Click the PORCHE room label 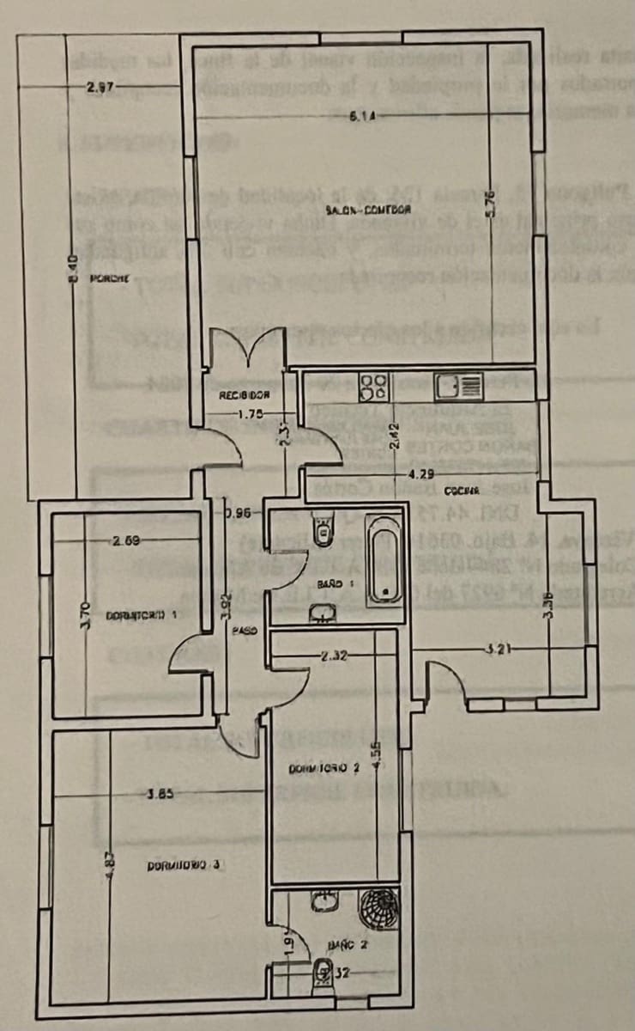[109, 278]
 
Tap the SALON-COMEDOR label [368, 210]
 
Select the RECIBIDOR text [245, 396]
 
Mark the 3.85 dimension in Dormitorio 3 [160, 794]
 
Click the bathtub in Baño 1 [383, 560]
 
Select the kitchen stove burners [374, 386]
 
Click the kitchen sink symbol [458, 387]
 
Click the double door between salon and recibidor [247, 351]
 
